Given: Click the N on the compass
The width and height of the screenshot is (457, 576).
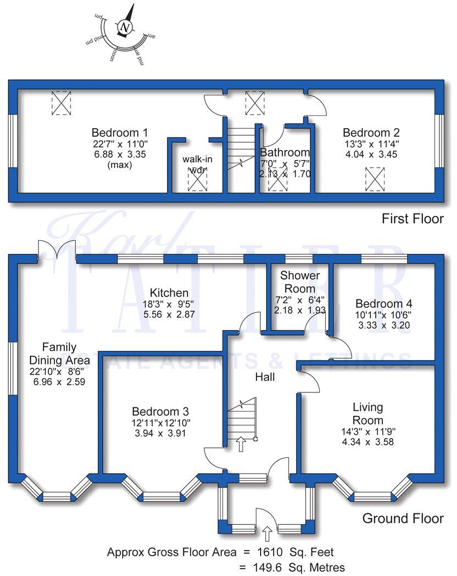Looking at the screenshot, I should pos(125,26).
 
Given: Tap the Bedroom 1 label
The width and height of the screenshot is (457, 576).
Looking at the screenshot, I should pos(119,132).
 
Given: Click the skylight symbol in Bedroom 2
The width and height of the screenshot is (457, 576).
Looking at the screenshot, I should pos(375,179).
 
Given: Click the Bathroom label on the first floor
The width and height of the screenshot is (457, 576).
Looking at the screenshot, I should pos(285,152).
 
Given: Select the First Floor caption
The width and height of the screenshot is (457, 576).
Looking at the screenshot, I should pos(413,219).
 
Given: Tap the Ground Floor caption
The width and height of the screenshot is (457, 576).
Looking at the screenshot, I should pos(403,518).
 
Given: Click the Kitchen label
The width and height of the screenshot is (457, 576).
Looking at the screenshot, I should pos(170,293).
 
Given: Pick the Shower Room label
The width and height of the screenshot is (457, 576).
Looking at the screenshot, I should pos(297,281).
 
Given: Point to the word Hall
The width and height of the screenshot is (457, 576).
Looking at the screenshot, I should pos(265,378).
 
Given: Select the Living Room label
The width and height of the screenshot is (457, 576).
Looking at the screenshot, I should pos(368,414).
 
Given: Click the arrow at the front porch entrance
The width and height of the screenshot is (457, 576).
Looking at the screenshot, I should pos(267,533).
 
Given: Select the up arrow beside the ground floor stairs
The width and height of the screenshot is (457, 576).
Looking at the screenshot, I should pos(240,444).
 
